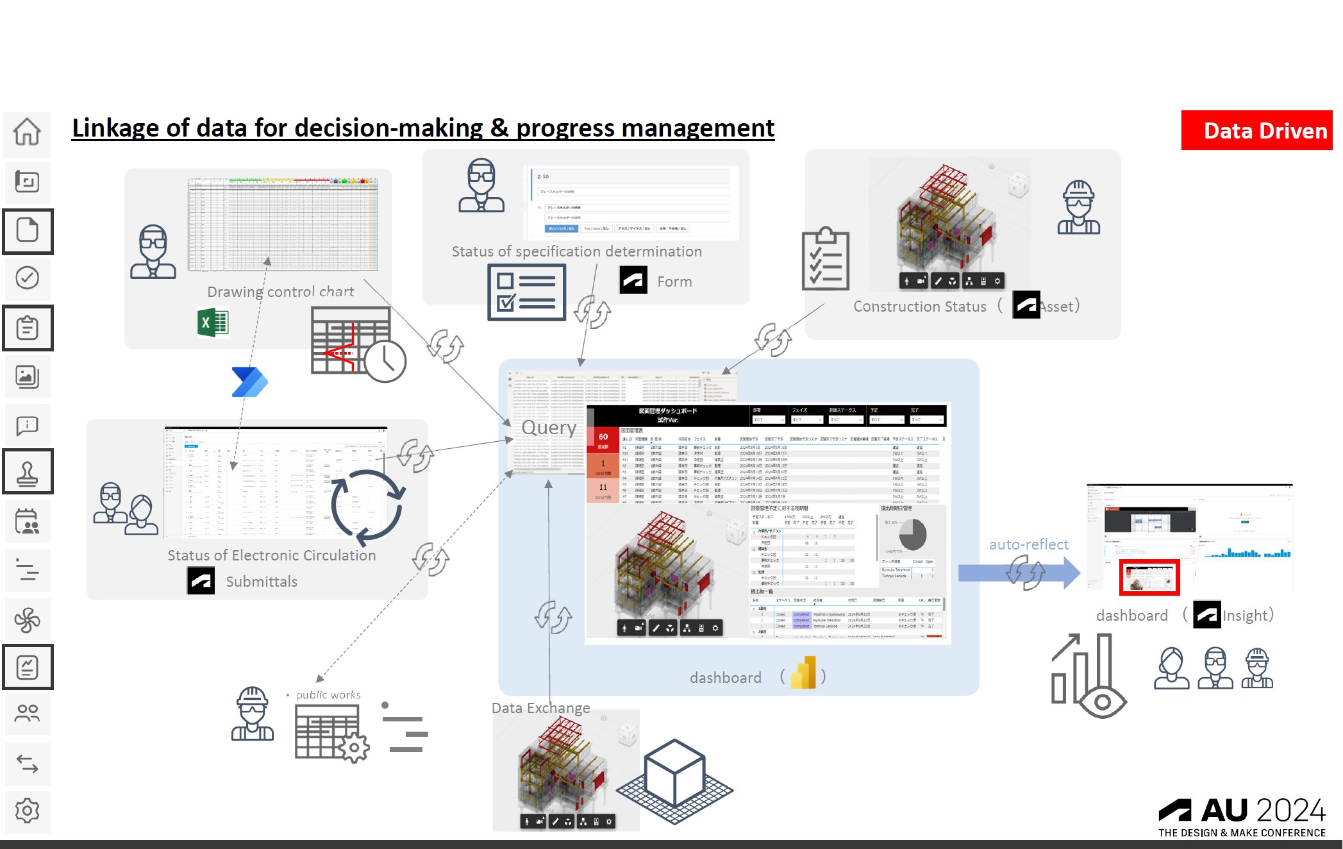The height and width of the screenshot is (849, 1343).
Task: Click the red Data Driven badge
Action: tap(1256, 131)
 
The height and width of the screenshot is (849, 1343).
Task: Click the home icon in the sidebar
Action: tap(27, 132)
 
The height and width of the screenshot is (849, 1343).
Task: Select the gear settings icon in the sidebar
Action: tap(27, 811)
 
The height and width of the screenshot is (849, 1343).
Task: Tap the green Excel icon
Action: tap(213, 323)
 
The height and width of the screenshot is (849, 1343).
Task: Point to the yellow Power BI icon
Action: tap(804, 673)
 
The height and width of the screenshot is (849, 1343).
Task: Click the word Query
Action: tap(549, 427)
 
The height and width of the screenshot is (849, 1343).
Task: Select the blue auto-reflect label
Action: tap(1028, 544)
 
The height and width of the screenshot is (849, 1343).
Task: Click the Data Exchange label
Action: tap(540, 708)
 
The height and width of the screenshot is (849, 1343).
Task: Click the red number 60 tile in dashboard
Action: tap(603, 440)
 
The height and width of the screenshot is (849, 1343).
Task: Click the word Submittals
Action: tap(262, 582)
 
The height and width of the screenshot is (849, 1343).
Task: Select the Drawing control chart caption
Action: tap(280, 292)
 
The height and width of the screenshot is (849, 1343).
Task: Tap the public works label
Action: tap(328, 695)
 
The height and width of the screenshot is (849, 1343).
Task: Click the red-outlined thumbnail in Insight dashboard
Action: tap(1149, 577)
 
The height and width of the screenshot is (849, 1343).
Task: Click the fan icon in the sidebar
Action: tap(27, 619)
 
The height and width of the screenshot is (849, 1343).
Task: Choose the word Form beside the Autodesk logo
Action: tap(674, 282)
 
